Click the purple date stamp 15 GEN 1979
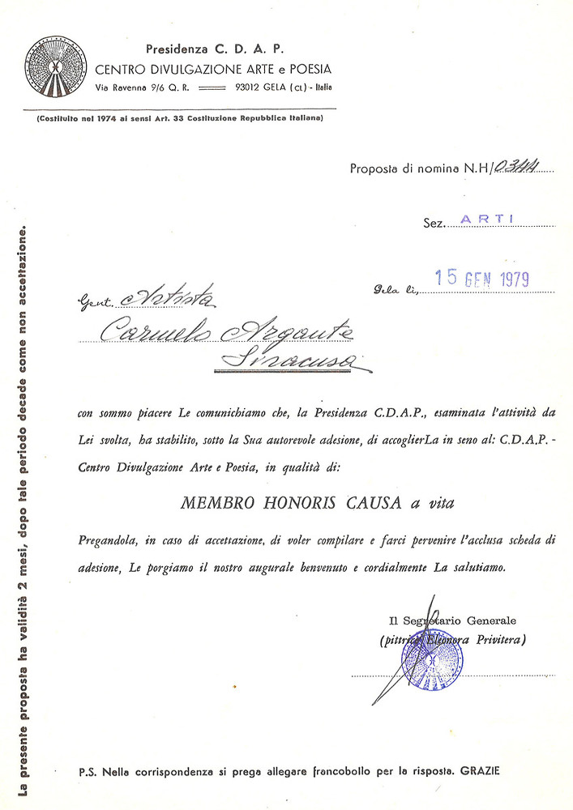[x=481, y=279]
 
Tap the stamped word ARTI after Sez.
[x=487, y=219]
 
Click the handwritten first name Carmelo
[x=155, y=328]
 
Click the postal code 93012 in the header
[x=251, y=87]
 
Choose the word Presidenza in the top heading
[x=177, y=49]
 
